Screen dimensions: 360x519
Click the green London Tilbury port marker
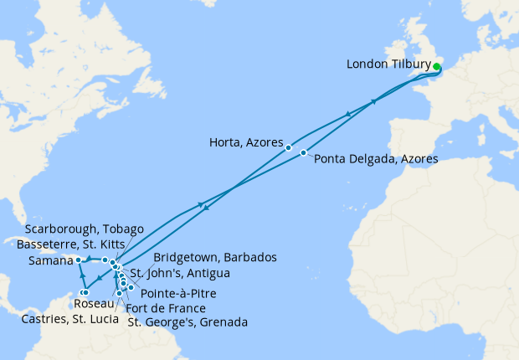pos(437,66)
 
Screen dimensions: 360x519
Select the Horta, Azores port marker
pos(289,148)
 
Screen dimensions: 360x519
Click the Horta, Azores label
pos(246,143)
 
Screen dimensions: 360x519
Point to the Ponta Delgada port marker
pos(303,153)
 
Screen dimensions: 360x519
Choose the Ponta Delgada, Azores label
pos(375,158)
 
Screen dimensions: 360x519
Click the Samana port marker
pos(78,260)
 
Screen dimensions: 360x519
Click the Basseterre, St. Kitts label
pos(76,245)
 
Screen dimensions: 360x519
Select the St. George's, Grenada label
pos(188,321)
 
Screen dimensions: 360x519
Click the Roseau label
pos(94,303)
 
